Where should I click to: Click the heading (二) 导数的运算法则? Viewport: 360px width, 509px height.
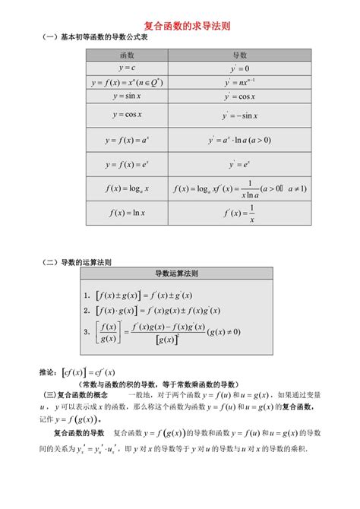pyautogui.click(x=77, y=261)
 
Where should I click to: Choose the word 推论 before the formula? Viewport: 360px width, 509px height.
pyautogui.click(x=46, y=372)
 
